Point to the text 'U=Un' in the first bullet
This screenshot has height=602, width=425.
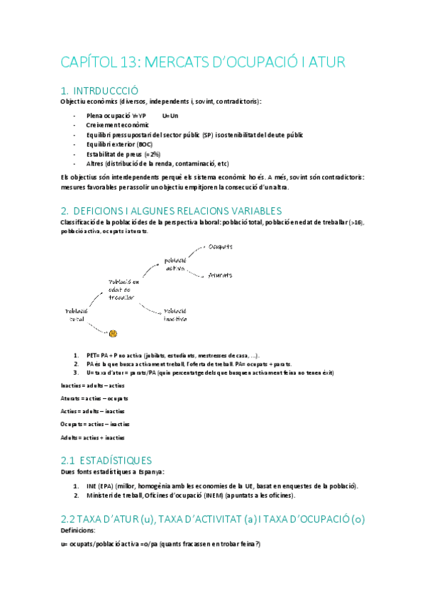(x=170, y=115)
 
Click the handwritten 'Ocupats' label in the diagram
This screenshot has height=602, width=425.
(x=221, y=247)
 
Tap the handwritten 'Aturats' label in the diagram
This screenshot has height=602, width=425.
(x=221, y=275)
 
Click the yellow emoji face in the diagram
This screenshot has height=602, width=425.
(x=113, y=332)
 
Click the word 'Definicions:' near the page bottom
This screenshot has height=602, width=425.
(x=78, y=532)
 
